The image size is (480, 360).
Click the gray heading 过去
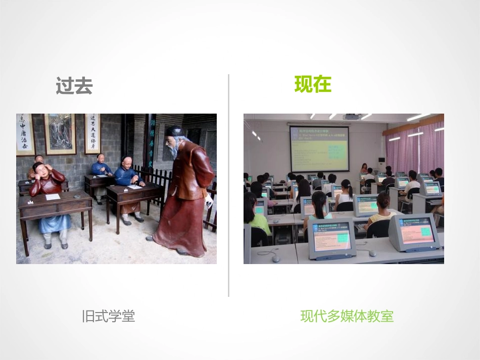click(74, 86)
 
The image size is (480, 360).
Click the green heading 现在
click(313, 84)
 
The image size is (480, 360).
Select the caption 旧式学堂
click(109, 317)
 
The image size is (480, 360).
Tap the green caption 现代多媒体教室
click(347, 317)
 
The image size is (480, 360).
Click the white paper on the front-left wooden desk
click(53, 196)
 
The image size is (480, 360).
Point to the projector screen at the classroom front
click(319, 148)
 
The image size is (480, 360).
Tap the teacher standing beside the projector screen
click(364, 169)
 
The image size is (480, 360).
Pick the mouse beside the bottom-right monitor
click(372, 253)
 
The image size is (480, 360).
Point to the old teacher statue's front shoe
click(150, 238)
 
